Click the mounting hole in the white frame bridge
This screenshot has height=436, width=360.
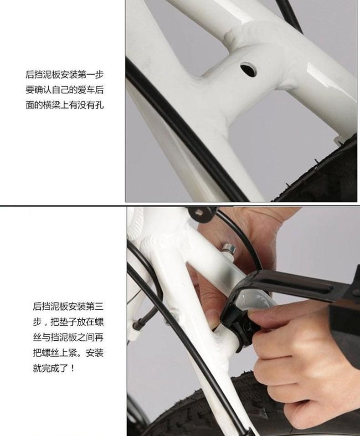coord(249,70)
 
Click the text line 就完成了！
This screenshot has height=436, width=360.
coord(54,368)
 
